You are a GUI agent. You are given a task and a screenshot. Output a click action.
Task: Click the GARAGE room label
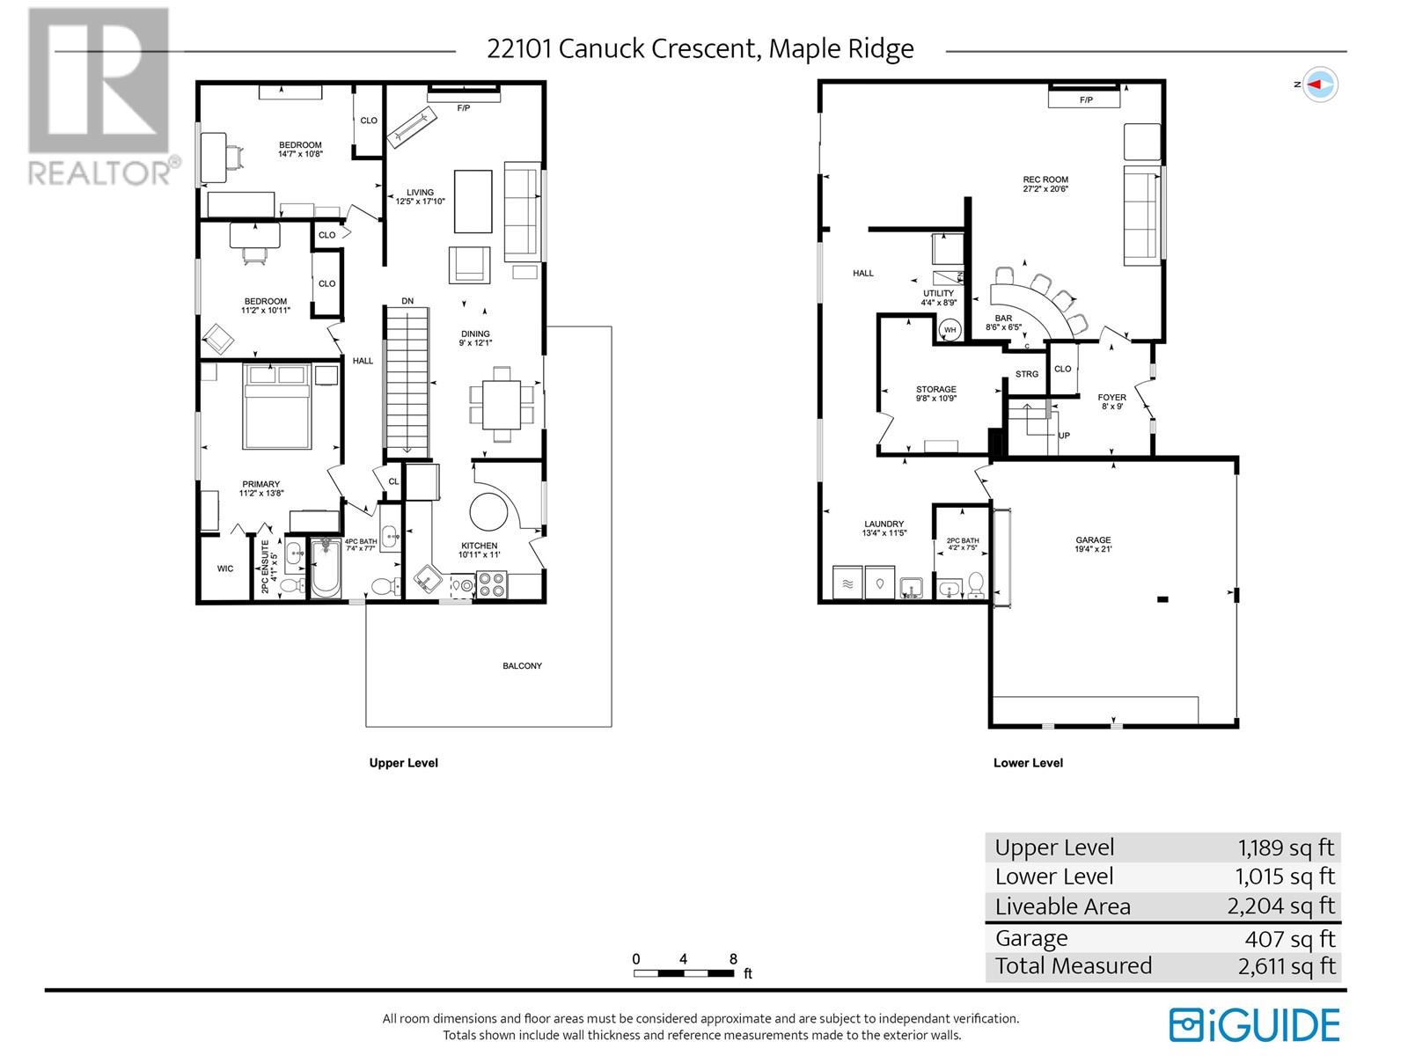click(x=1092, y=539)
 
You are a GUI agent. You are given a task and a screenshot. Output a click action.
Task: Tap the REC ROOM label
click(x=1045, y=180)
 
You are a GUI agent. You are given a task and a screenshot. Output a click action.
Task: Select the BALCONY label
click(x=522, y=665)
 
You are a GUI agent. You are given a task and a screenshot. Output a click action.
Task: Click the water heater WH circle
click(x=950, y=329)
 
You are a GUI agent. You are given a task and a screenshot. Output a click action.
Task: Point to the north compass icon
click(x=1320, y=84)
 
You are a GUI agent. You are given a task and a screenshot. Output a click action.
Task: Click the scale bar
click(x=684, y=973)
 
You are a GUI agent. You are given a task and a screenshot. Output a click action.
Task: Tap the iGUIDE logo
click(x=1254, y=1024)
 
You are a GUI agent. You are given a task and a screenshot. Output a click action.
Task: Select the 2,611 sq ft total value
click(x=1287, y=966)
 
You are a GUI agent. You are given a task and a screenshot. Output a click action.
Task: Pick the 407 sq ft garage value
click(x=1290, y=939)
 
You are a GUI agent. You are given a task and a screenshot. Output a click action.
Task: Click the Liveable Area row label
click(x=1062, y=906)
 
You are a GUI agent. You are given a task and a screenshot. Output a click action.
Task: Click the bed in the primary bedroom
click(x=276, y=407)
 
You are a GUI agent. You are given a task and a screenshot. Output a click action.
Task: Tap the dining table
click(x=501, y=405)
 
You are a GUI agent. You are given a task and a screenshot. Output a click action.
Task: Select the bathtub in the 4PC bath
click(x=326, y=567)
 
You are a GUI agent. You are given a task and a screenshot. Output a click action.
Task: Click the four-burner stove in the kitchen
click(x=492, y=584)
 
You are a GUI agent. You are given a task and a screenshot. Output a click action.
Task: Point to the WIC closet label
click(x=225, y=568)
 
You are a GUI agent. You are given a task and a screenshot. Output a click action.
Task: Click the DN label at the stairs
click(x=407, y=301)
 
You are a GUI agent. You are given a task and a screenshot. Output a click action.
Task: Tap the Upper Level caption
click(x=403, y=763)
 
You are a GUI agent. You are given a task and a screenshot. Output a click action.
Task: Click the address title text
click(x=700, y=48)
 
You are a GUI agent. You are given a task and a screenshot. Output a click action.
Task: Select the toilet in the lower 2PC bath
click(x=975, y=584)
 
